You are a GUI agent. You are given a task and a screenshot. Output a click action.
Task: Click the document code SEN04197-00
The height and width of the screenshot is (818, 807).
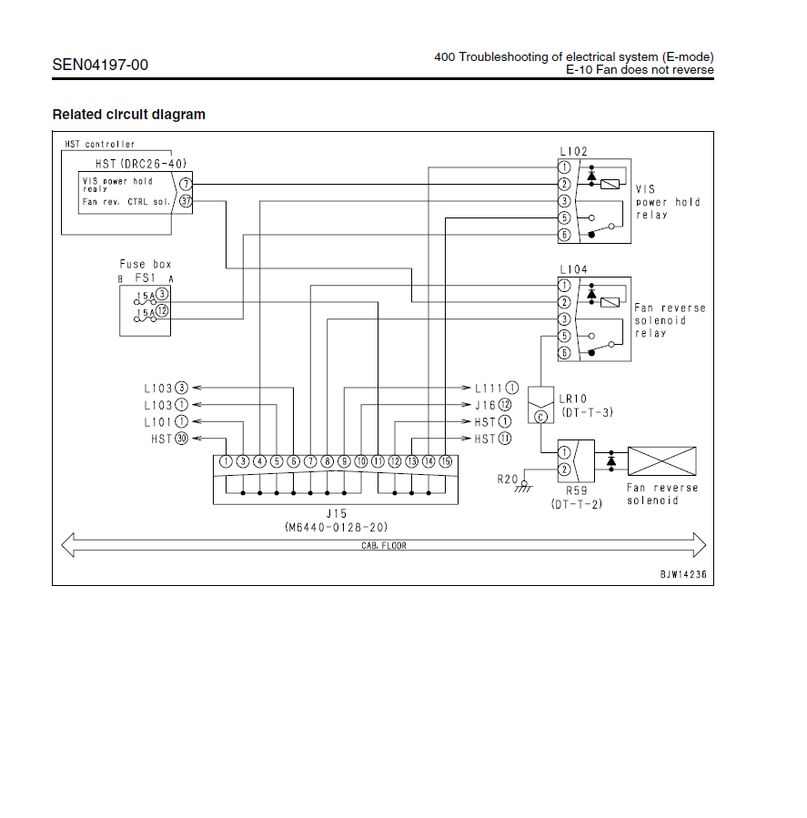click(x=100, y=65)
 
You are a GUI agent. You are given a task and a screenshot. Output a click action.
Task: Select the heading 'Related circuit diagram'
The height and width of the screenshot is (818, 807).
click(x=128, y=115)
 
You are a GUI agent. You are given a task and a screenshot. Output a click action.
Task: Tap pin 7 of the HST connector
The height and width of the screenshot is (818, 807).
click(x=186, y=184)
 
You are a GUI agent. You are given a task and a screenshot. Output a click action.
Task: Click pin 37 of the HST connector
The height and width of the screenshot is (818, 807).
click(x=186, y=201)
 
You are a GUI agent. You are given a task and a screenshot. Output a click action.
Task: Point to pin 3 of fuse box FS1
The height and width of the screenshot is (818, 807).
click(x=162, y=294)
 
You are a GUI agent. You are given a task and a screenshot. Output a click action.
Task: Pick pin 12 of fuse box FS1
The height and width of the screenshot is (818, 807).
click(x=162, y=311)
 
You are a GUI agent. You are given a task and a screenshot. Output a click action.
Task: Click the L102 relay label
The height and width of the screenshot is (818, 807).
click(x=573, y=151)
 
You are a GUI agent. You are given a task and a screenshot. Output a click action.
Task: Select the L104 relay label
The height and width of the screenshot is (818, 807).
click(x=573, y=270)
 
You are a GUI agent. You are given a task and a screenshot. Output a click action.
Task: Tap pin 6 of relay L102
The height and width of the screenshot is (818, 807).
click(x=564, y=235)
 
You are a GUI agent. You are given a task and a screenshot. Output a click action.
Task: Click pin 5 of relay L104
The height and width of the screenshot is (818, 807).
click(x=564, y=336)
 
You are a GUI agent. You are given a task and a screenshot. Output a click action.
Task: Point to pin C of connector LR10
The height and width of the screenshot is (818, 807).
click(x=540, y=417)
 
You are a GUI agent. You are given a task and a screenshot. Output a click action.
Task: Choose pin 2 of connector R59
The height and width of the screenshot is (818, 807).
click(x=564, y=469)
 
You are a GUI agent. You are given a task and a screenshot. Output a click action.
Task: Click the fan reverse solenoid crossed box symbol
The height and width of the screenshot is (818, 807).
click(x=663, y=462)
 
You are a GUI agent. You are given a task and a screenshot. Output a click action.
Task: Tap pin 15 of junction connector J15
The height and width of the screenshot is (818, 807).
click(x=445, y=461)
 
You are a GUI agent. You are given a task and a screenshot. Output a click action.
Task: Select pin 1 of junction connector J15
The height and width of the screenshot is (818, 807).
click(x=226, y=461)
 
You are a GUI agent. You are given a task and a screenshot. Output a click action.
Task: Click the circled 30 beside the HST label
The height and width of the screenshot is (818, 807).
click(x=181, y=439)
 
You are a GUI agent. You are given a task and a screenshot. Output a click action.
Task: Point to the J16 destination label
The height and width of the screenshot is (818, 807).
click(x=485, y=405)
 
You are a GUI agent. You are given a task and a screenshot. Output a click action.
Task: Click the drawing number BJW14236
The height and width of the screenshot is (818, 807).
click(x=683, y=575)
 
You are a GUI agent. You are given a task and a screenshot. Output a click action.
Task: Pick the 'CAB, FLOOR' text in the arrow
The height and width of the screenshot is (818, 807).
click(x=382, y=546)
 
